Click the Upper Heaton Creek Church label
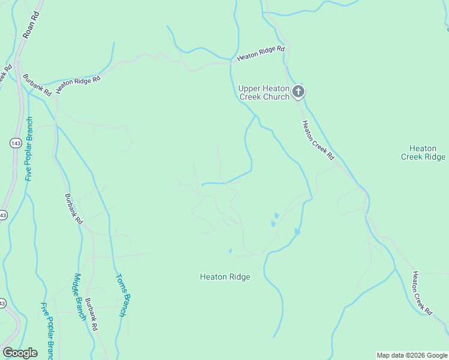click(264, 92)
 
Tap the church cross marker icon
click(298, 92)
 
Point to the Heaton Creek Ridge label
click(423, 152)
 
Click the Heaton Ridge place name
click(224, 277)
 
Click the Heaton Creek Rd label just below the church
click(318, 140)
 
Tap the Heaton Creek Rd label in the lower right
click(422, 293)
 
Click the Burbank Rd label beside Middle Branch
click(90, 315)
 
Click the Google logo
click(20, 353)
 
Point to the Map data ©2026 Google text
click(412, 355)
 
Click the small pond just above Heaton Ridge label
click(231, 251)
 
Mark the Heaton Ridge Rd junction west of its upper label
click(231, 61)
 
